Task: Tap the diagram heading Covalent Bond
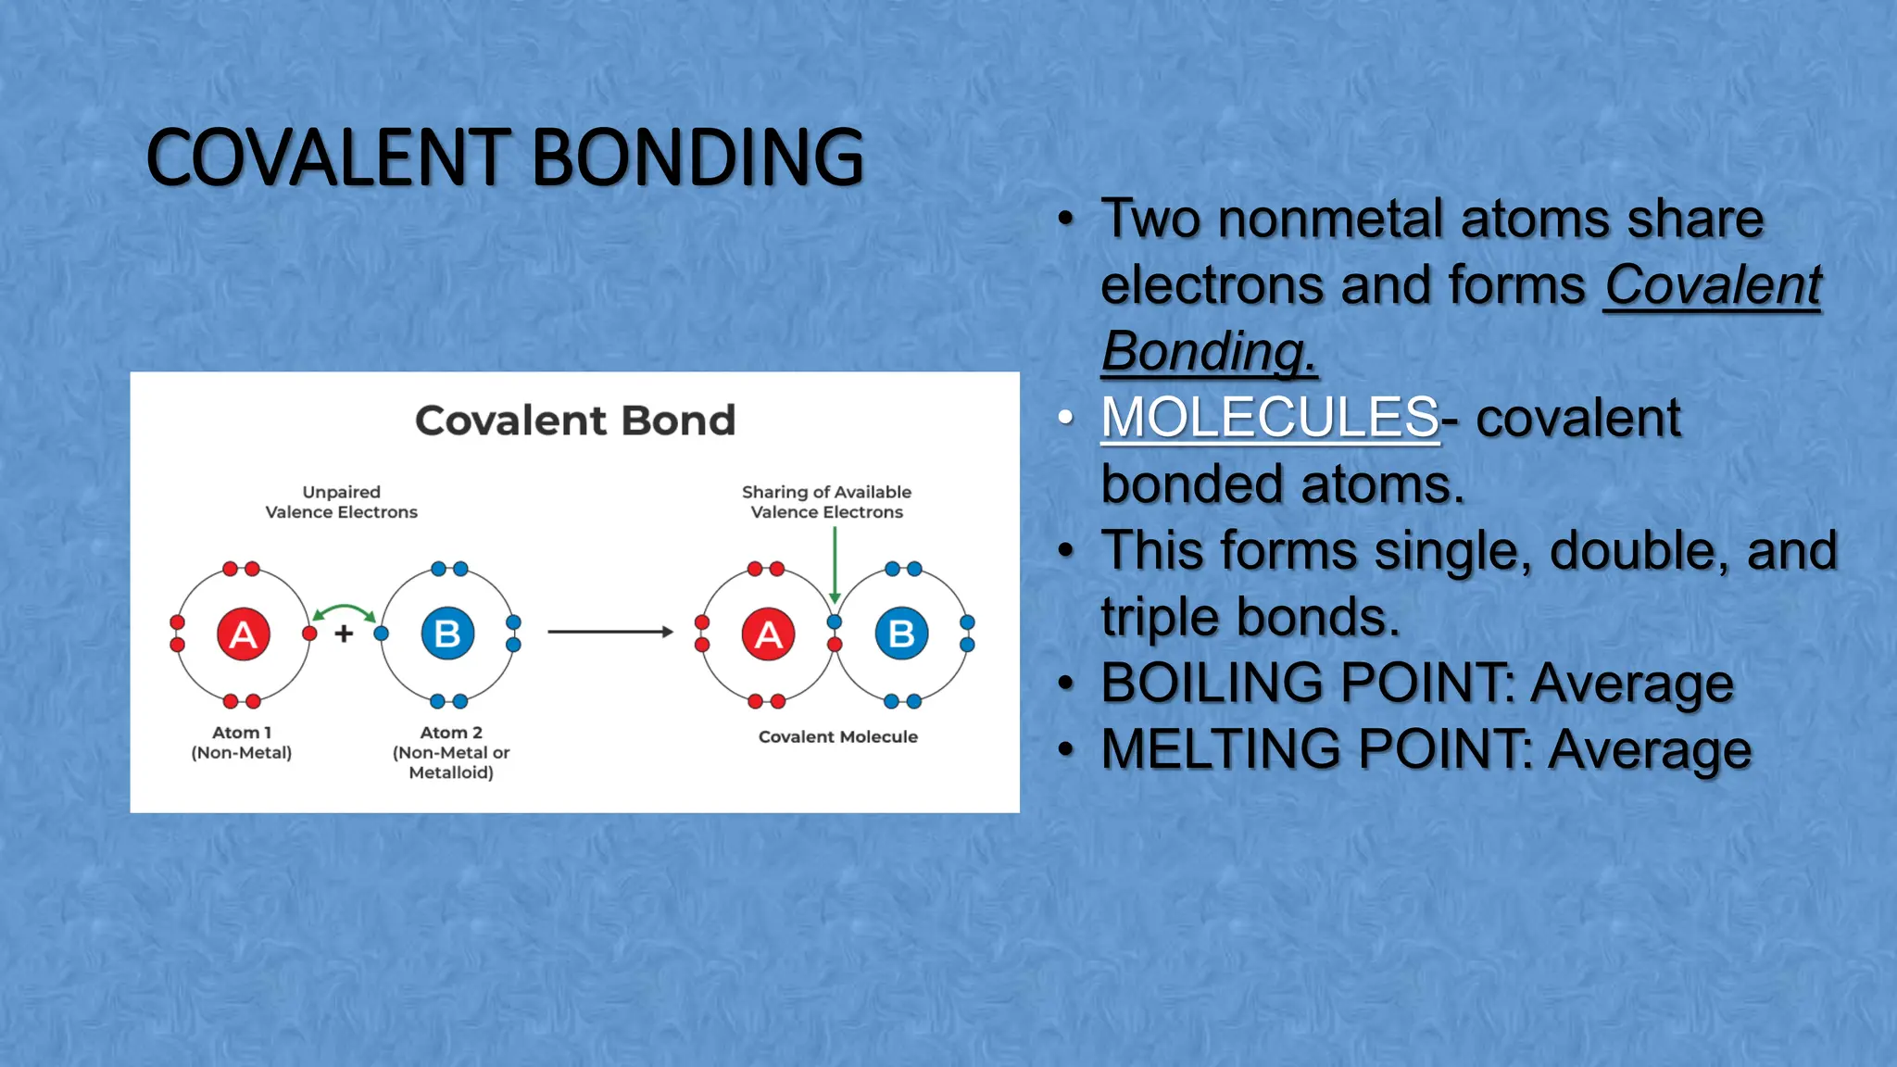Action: (x=574, y=421)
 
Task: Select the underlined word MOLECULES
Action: (x=1269, y=418)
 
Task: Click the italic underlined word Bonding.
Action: (x=1207, y=352)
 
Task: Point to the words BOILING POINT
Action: (x=1306, y=684)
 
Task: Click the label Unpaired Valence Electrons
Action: (x=341, y=502)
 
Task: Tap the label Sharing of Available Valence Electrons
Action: (x=826, y=502)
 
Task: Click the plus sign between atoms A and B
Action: (x=344, y=634)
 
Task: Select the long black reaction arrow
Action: (x=610, y=632)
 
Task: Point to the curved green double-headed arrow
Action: (x=344, y=611)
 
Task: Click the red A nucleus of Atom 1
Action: (x=243, y=634)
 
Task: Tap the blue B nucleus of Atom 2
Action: (x=447, y=634)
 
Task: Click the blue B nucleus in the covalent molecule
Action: (x=901, y=634)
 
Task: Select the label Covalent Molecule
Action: (x=837, y=737)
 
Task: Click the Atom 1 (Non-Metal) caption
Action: (x=241, y=743)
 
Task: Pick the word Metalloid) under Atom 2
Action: (x=451, y=772)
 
